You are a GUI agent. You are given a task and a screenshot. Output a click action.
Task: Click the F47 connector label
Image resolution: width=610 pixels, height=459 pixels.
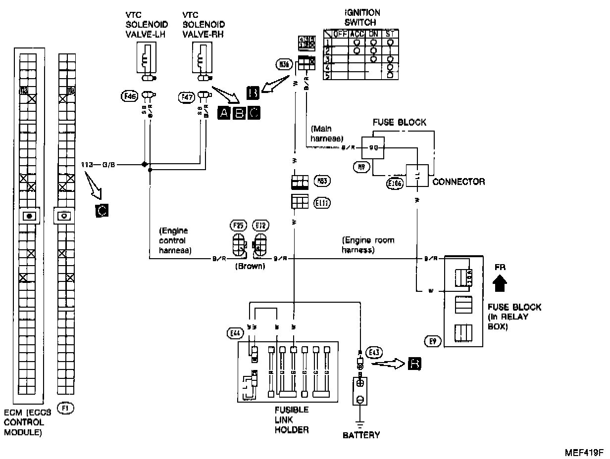(185, 97)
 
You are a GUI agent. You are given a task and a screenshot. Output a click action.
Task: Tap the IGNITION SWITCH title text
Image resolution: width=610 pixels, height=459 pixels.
(362, 18)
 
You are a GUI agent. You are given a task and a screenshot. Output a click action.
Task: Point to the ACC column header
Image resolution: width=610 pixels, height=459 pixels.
(356, 33)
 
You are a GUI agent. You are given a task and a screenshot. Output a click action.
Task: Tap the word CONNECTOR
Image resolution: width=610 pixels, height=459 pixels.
(458, 182)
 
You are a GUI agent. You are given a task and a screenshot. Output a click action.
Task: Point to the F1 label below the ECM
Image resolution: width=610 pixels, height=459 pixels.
(64, 409)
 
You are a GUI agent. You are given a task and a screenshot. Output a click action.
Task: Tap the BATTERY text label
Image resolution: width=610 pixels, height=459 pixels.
(361, 435)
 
